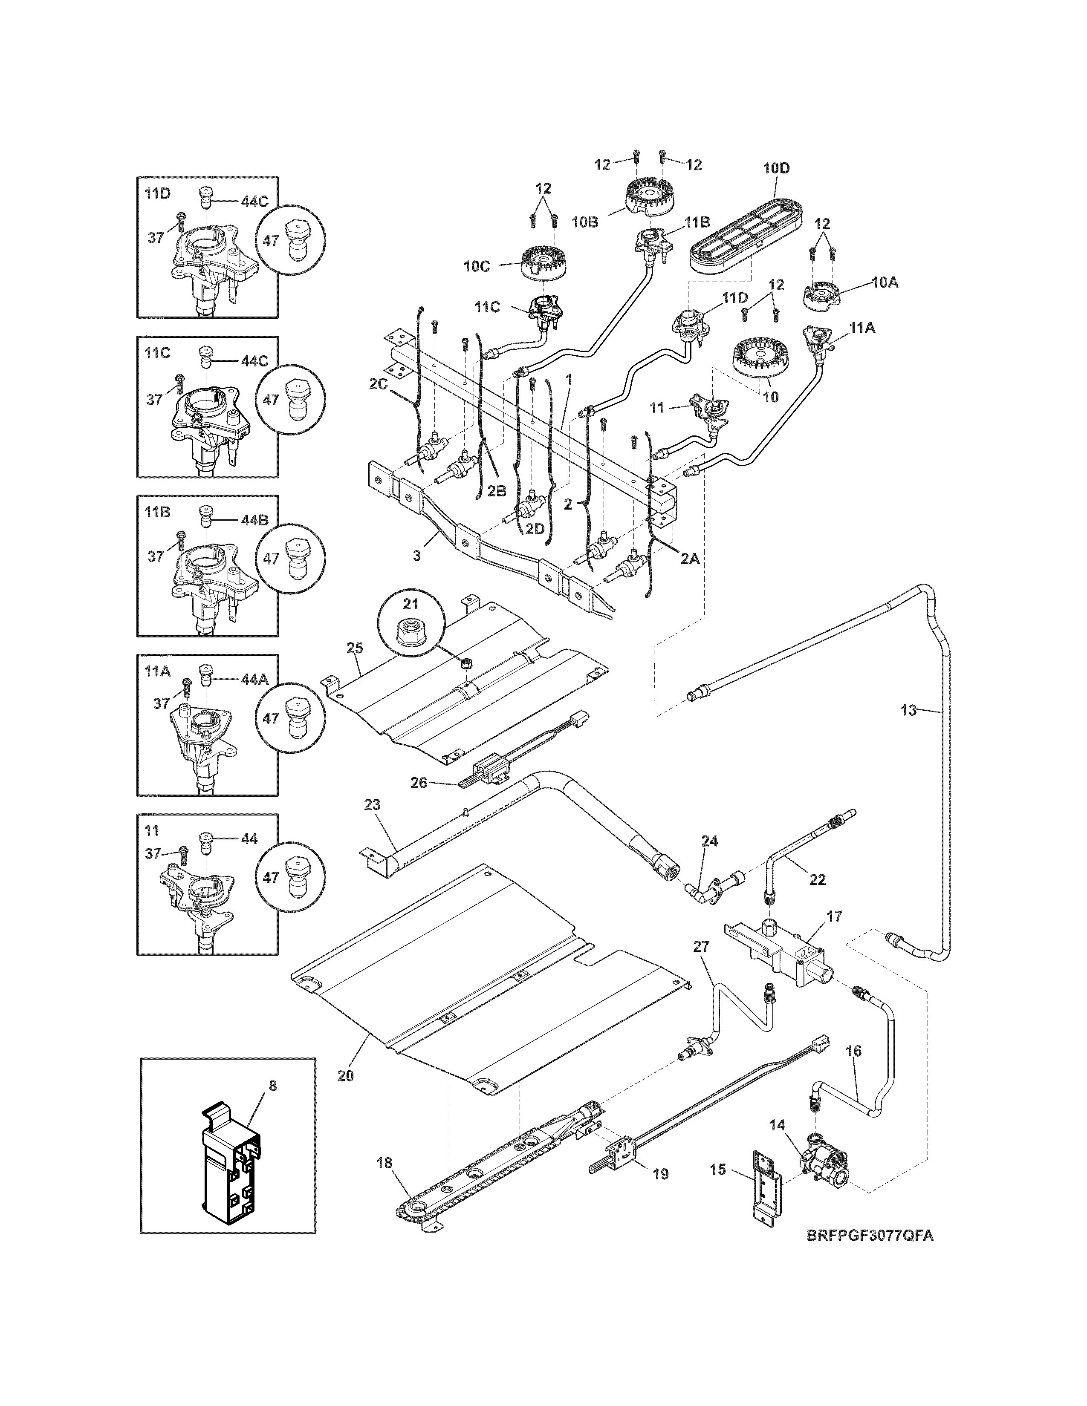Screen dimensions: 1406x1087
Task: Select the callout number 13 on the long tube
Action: click(x=908, y=711)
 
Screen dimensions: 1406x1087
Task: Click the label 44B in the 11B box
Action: click(x=254, y=520)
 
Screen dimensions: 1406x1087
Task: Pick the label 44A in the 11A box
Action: click(x=254, y=679)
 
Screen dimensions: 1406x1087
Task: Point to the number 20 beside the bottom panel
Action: click(x=345, y=1075)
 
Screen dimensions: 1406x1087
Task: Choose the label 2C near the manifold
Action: click(x=378, y=384)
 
